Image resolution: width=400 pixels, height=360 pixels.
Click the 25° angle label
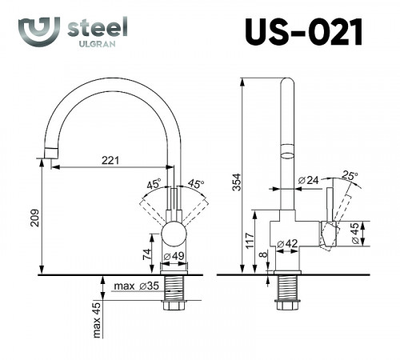point(349,175)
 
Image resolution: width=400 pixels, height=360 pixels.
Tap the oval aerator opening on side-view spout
point(286,150)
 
